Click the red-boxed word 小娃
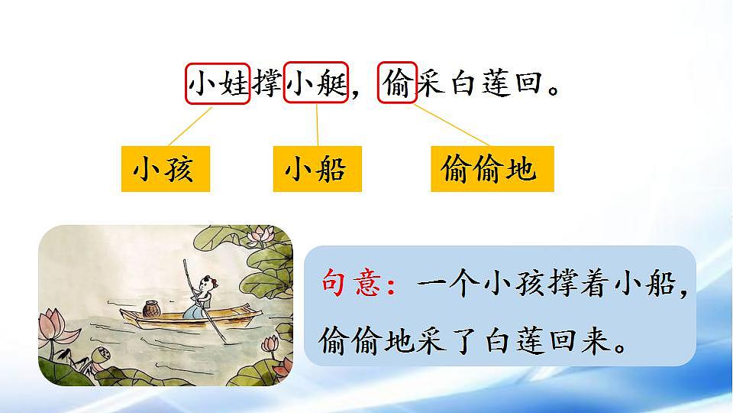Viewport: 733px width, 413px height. coord(218,83)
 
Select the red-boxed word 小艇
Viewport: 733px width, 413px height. coord(316,83)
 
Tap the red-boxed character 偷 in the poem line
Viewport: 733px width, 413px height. coord(398,83)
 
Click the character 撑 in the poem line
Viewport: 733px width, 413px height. coord(266,83)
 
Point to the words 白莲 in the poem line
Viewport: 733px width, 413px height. coord(477,83)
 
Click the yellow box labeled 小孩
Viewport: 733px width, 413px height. coord(163,168)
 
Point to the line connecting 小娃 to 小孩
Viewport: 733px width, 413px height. coord(189,125)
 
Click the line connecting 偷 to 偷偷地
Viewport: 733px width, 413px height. coord(451,125)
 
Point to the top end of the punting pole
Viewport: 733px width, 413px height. coord(183,262)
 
